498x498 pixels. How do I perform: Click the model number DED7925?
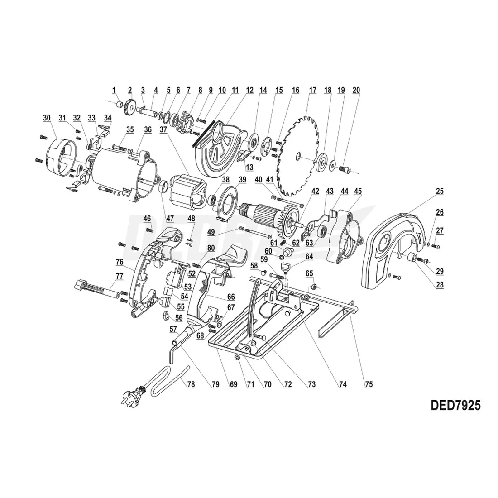(x=447, y=404)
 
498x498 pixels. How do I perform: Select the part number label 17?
(x=312, y=90)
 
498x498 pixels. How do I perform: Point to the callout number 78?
(x=191, y=384)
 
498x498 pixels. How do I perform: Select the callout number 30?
(x=47, y=118)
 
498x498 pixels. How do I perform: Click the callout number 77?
(x=119, y=275)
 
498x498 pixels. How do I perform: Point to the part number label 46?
(x=147, y=219)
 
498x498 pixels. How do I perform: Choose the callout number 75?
(x=369, y=384)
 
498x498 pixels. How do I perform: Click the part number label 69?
(x=234, y=384)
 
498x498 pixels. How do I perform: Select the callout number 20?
(x=356, y=90)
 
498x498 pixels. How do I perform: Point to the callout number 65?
(x=310, y=273)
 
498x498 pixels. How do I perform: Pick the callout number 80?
(x=211, y=248)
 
